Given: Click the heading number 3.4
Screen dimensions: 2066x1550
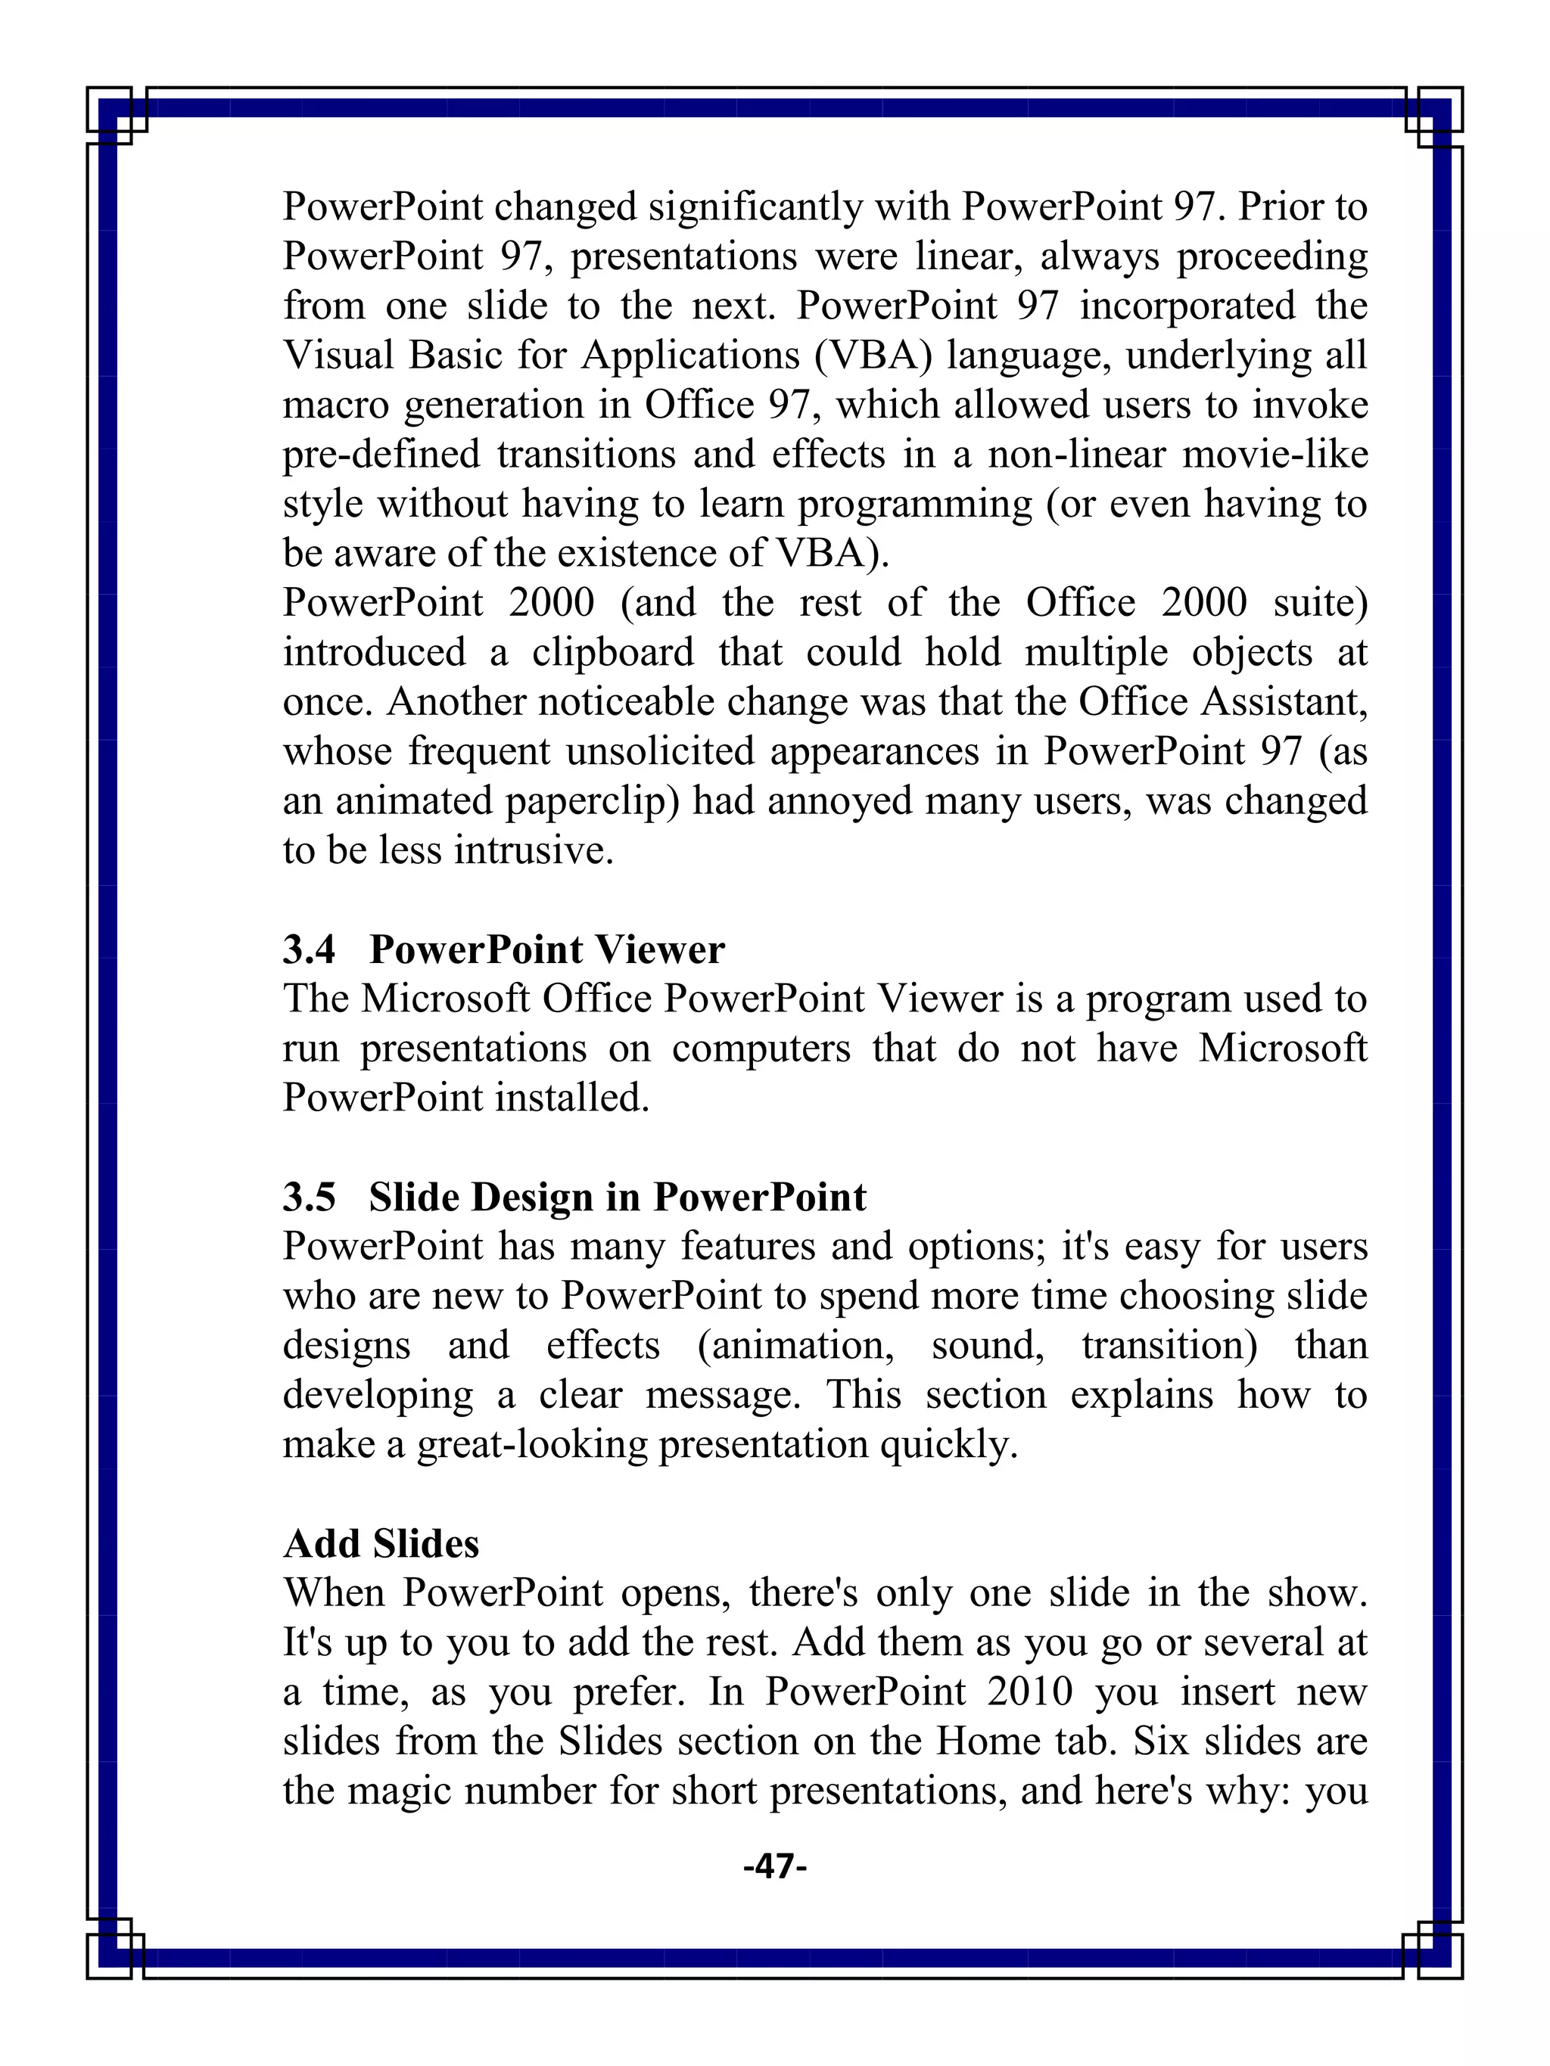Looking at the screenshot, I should click(310, 950).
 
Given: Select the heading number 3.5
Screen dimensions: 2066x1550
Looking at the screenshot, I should click(310, 1198).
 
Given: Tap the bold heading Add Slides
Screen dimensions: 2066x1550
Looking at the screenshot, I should click(381, 1544).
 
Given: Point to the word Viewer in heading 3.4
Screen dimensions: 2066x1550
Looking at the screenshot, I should click(660, 950).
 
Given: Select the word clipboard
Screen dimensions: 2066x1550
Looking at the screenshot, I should click(613, 653).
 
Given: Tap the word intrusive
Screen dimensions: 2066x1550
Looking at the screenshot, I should click(534, 851).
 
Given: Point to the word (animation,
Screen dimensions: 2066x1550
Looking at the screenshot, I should click(796, 1346).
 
